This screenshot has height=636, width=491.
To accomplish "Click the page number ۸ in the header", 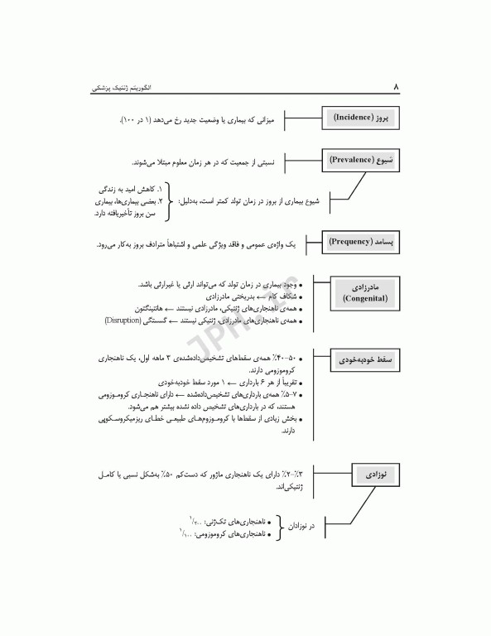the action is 396,85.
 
